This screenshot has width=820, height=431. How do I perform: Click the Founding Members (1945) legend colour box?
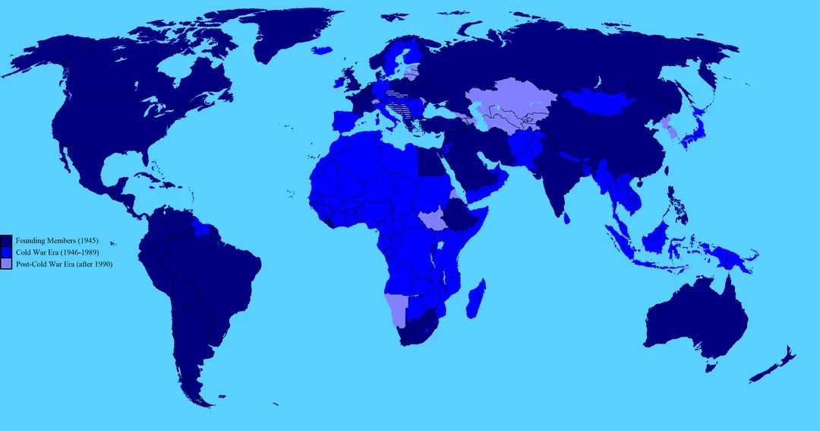tap(7, 240)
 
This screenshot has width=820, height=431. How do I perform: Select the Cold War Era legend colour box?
tap(7, 252)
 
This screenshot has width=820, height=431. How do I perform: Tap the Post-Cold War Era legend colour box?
tap(7, 263)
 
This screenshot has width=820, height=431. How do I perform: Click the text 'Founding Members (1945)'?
tap(56, 240)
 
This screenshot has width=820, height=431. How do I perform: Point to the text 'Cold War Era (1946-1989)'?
tap(58, 252)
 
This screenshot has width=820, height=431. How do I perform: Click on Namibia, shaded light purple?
tap(396, 308)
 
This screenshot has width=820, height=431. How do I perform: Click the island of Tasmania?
tap(711, 366)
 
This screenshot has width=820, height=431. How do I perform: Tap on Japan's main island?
tap(693, 137)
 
